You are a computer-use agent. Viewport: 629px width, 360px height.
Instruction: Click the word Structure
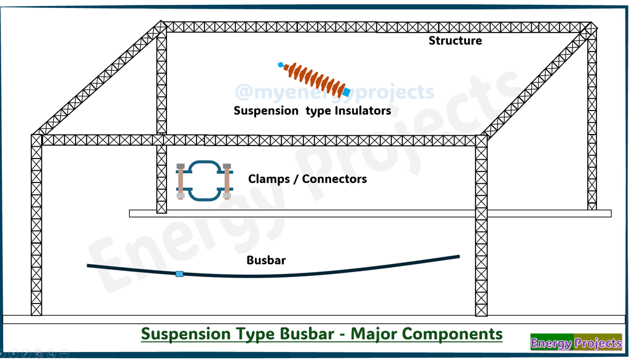click(455, 41)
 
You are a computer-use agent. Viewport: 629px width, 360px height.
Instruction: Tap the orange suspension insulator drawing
click(313, 79)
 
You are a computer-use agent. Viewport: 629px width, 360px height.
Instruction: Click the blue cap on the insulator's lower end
click(346, 92)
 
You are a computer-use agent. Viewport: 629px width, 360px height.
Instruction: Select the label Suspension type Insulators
click(312, 111)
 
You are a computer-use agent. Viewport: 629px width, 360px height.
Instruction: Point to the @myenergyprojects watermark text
click(334, 92)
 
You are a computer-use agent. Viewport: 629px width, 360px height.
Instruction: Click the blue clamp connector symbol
click(204, 181)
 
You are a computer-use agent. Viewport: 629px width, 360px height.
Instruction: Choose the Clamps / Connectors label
click(307, 179)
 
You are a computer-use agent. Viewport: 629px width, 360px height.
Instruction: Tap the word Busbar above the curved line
click(266, 260)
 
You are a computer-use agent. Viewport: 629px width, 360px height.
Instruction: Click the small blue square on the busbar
click(179, 274)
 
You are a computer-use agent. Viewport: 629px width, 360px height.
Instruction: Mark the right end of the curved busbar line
click(458, 257)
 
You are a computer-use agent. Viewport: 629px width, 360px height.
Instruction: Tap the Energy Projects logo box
click(576, 343)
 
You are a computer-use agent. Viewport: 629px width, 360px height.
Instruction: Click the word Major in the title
click(370, 334)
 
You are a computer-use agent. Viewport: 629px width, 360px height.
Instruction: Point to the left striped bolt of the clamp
click(181, 181)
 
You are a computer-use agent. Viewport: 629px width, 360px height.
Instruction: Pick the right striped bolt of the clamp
click(227, 181)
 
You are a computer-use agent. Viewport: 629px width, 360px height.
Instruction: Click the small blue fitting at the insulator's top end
click(281, 65)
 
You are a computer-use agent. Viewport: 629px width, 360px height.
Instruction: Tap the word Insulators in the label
click(362, 111)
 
